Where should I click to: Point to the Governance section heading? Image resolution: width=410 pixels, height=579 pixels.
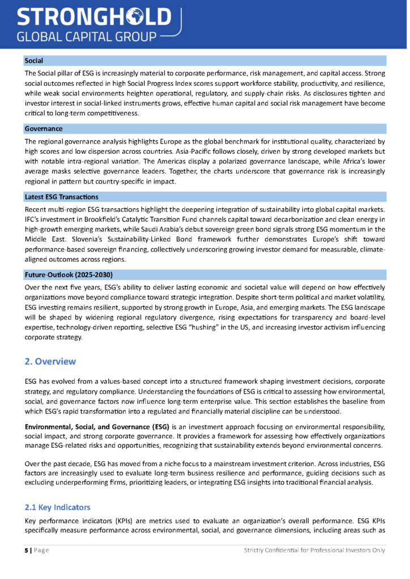click(x=43, y=129)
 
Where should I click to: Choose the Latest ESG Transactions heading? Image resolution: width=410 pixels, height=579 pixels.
click(x=61, y=197)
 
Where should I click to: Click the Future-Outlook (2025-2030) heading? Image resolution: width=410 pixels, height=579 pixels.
click(x=69, y=275)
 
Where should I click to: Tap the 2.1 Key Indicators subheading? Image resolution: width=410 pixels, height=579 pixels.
click(x=57, y=507)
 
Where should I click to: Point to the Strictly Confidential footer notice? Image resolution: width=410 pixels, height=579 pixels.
click(x=314, y=550)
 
